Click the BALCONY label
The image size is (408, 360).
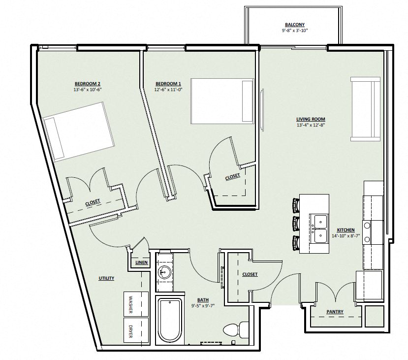click(x=294, y=25)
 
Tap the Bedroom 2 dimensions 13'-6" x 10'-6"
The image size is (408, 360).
click(x=88, y=90)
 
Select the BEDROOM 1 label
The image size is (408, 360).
click(x=168, y=84)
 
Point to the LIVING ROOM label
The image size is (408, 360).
click(x=311, y=119)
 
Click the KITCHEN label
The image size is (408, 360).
click(x=346, y=230)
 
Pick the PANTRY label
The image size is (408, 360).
click(x=335, y=312)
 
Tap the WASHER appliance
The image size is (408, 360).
click(x=136, y=304)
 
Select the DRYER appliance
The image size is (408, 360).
click(x=136, y=330)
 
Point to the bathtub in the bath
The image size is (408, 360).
click(x=170, y=322)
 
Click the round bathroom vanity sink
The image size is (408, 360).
click(x=165, y=272)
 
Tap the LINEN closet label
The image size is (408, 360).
click(x=142, y=262)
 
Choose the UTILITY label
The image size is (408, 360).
click(x=106, y=278)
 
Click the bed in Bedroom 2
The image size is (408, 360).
click(x=79, y=132)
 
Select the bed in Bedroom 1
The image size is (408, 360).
click(x=222, y=101)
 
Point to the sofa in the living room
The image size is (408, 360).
click(x=365, y=109)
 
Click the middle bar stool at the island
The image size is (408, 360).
click(x=296, y=224)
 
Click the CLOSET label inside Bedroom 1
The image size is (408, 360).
click(x=232, y=177)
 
